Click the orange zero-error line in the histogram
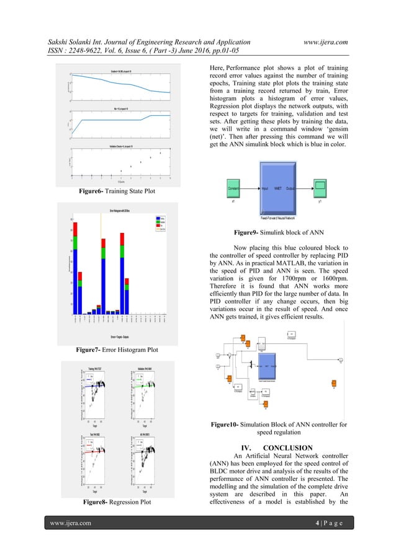click(x=101, y=266)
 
